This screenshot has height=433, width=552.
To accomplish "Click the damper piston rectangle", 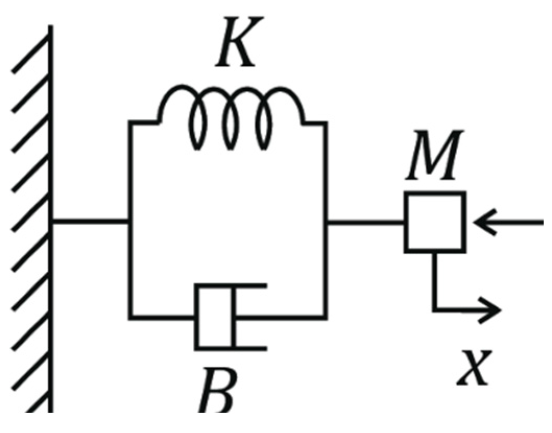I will (x=214, y=317).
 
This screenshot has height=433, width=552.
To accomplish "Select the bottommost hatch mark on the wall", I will (x=31, y=404).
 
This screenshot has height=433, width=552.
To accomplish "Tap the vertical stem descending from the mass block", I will (x=434, y=282).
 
